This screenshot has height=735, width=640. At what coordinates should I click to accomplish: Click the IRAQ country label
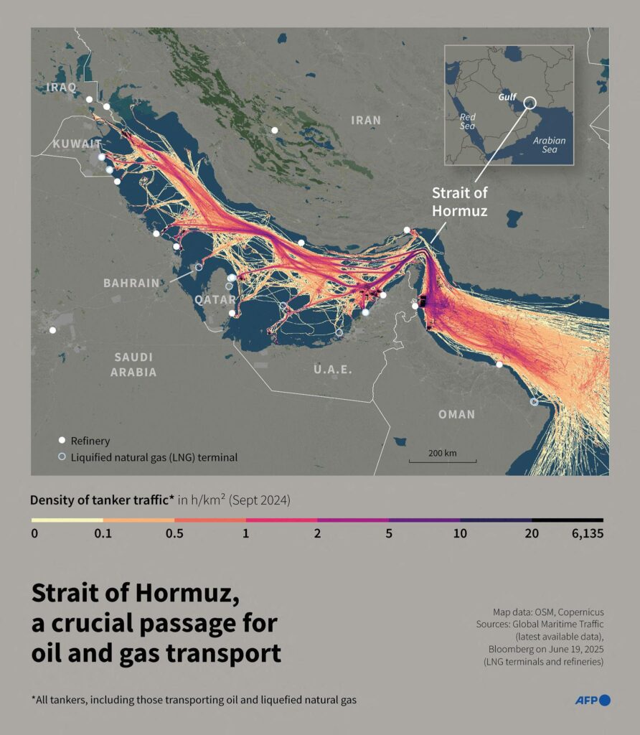60,88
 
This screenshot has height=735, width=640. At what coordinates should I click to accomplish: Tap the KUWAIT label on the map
77,145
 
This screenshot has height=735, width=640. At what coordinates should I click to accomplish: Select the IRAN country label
366,121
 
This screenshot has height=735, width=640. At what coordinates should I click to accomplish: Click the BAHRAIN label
131,283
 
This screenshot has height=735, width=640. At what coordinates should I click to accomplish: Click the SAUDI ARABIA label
133,365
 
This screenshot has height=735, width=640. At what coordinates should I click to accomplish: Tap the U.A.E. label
333,370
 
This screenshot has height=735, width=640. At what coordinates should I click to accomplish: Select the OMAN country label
456,414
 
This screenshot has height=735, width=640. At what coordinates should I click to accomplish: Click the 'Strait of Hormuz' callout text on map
459,202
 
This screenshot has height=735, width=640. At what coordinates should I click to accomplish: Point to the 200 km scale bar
443,459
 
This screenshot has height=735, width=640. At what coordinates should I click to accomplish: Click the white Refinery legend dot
62,441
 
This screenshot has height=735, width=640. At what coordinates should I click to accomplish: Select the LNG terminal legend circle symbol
62,457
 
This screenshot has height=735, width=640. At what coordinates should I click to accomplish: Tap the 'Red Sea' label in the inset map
468,121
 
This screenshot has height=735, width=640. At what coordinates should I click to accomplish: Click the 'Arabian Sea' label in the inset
549,146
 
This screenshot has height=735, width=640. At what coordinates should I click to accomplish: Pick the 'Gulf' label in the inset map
508,95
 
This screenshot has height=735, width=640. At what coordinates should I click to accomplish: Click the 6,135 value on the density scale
587,533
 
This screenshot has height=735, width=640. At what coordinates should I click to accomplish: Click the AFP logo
592,700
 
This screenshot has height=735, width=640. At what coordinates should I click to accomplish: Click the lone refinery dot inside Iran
274,130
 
